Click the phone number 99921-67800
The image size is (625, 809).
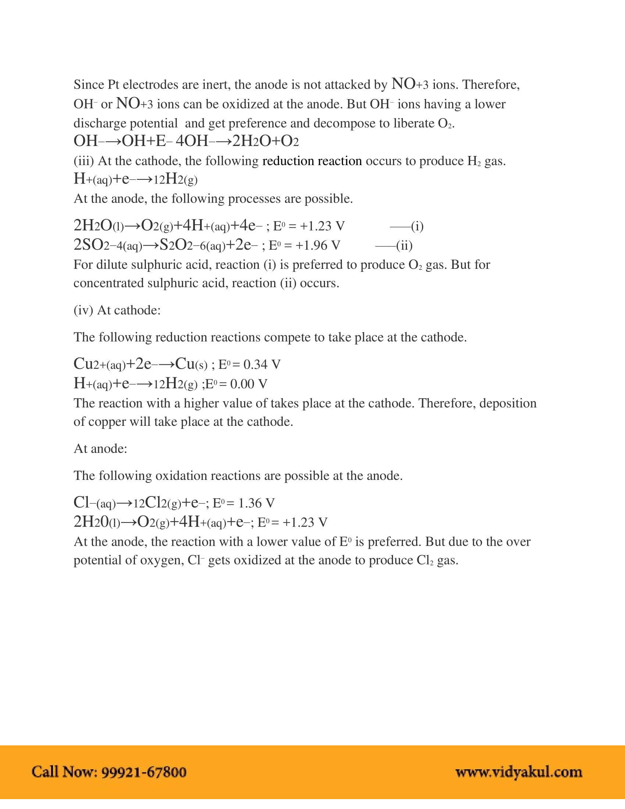144,771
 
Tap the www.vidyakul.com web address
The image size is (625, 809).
519,771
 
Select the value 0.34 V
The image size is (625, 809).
262,364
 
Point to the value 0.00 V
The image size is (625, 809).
249,384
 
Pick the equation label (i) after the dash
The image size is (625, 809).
417,226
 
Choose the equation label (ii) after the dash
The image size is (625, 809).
404,245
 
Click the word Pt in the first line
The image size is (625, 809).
113,85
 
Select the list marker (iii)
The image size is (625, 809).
84,161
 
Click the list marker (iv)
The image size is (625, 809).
83,310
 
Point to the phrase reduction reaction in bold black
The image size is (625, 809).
312,161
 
